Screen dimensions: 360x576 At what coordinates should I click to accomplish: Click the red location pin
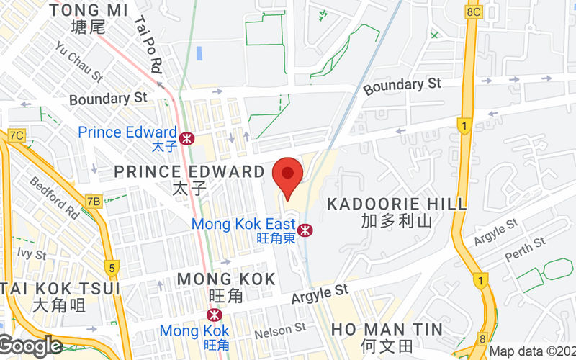click(288, 174)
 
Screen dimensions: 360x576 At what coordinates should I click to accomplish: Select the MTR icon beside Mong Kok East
click(306, 229)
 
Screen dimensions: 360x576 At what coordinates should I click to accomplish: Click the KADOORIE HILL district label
click(397, 204)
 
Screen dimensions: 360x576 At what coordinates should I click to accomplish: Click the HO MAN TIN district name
click(387, 329)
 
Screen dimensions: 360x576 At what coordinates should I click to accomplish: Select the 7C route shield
click(17, 135)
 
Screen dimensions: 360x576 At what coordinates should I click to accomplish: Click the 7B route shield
click(93, 202)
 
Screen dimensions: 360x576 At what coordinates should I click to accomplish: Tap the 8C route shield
click(473, 12)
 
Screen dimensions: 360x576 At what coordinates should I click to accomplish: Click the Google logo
click(30, 346)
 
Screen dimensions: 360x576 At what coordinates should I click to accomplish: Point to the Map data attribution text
click(531, 352)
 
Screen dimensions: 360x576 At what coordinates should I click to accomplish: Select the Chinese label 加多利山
click(397, 221)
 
